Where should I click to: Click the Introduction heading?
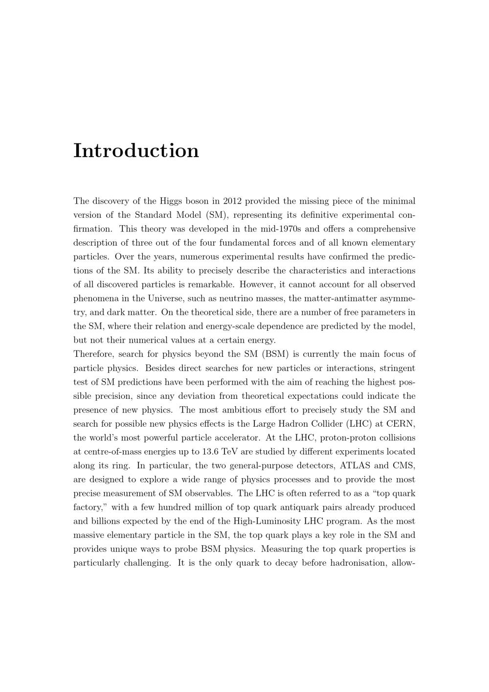click(x=136, y=150)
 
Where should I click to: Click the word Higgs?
click(x=170, y=201)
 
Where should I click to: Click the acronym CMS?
click(x=404, y=465)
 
